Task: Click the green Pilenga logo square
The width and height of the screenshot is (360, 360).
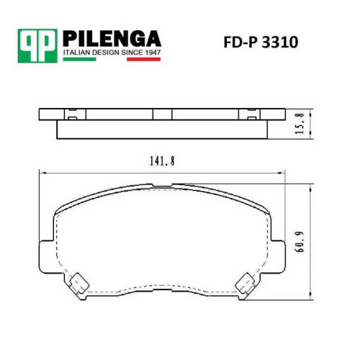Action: click(x=37, y=46)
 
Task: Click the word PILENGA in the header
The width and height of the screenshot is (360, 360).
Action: click(x=112, y=38)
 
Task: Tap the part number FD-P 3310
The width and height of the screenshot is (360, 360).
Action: click(x=261, y=42)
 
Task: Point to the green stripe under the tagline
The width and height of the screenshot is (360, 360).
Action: click(x=79, y=59)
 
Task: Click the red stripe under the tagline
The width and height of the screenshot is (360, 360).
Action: click(x=143, y=59)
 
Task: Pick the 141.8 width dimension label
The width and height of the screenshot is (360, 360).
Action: click(x=162, y=161)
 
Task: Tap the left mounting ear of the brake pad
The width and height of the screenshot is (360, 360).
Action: click(x=47, y=256)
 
